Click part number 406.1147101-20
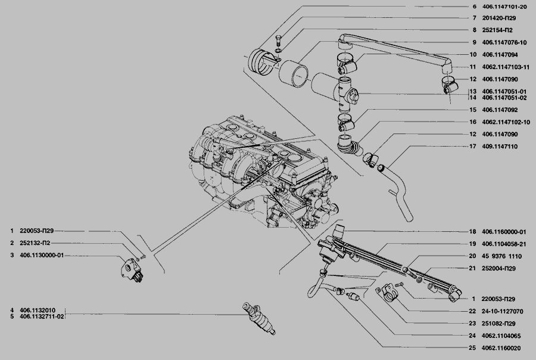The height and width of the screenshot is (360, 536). click(504, 7)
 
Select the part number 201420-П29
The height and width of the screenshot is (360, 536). click(499, 18)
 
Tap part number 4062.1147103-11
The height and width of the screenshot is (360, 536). click(506, 67)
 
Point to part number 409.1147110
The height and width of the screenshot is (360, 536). click(500, 147)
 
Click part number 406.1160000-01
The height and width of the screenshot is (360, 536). click(504, 232)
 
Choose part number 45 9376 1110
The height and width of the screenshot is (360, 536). click(502, 256)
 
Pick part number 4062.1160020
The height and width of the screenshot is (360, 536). click(501, 348)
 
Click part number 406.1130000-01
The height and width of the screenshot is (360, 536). click(42, 255)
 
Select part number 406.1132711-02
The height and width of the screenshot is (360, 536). click(42, 316)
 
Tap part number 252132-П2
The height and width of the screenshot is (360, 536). click(35, 243)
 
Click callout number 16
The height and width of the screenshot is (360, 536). click(473, 122)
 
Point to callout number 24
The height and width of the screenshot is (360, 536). click(472, 336)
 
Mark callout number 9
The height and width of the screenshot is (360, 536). click(475, 42)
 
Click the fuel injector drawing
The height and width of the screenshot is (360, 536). click(259, 318)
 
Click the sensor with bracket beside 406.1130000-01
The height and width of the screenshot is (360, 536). click(132, 271)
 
